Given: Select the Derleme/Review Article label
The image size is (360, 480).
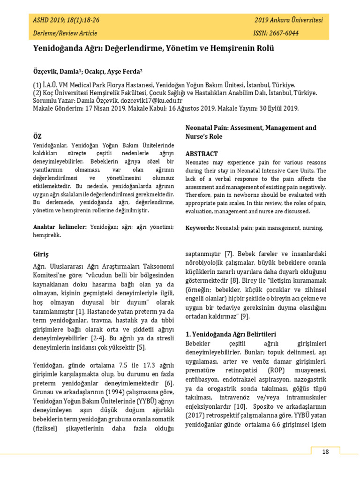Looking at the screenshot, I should coord(65,33).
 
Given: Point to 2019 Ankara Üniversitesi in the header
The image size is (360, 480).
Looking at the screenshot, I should coord(289,21).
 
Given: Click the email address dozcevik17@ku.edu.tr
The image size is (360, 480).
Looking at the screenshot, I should coord(151,100).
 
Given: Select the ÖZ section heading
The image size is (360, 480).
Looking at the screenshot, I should coord(37,136).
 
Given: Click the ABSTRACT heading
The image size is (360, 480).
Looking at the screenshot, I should coord(202,154).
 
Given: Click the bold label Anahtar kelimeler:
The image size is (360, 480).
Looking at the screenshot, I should coord(60,227).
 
